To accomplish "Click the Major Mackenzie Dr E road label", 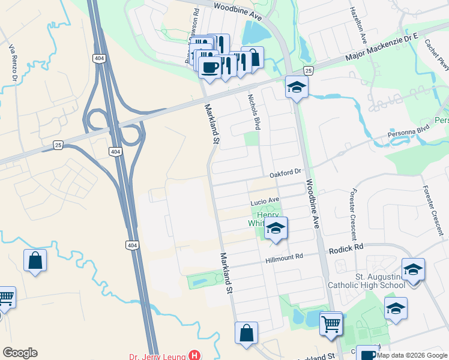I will [x=382, y=49].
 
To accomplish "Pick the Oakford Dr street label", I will [x=285, y=173].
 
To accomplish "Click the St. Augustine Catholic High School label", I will [x=367, y=281].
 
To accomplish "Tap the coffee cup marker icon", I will [x=209, y=67].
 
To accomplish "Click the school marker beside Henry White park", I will [x=276, y=229].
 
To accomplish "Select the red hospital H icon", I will [x=194, y=355].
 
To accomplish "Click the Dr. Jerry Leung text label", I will [x=157, y=356].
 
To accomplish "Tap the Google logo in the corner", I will [x=20, y=353].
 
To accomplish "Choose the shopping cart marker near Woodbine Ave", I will [x=331, y=325].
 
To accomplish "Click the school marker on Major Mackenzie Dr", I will [x=296, y=88].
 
